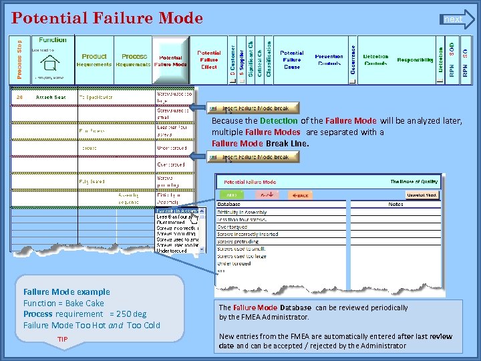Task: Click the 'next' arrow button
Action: (x=458, y=19)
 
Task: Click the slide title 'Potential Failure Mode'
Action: (x=107, y=18)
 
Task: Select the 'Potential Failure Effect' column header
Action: (x=209, y=59)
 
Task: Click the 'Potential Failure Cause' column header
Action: (x=292, y=59)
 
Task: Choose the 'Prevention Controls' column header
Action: (x=329, y=60)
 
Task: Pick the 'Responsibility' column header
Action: (x=415, y=60)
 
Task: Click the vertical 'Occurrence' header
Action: (x=353, y=60)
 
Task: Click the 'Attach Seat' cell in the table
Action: (x=51, y=98)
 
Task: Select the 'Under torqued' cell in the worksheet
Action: (x=172, y=148)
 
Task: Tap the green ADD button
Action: (x=230, y=195)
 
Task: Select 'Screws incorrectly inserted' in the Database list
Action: (x=247, y=234)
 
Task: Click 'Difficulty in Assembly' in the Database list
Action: (x=242, y=212)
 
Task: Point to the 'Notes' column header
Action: (x=395, y=204)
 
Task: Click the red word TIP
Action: (x=62, y=340)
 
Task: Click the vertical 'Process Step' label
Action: (x=19, y=59)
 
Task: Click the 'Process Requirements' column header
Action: (x=134, y=60)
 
